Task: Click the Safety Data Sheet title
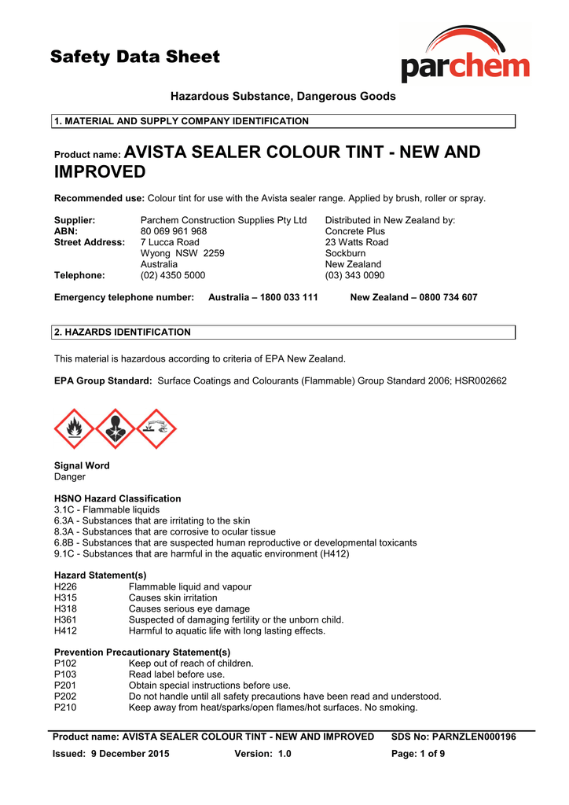pos(135,57)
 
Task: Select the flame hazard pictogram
pos(74,428)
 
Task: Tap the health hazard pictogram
pos(116,428)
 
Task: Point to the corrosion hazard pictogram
pos(156,428)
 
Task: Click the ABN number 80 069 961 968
pos(174,231)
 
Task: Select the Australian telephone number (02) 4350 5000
pos(172,275)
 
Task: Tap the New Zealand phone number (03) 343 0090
pos(354,275)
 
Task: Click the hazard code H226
pos(65,586)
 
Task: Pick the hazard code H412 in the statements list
pos(65,630)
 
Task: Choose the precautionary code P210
pos(65,707)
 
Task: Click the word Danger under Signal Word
pos(70,476)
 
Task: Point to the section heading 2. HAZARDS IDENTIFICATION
pos(122,332)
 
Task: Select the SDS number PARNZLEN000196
pos(474,737)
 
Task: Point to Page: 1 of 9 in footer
pos(418,754)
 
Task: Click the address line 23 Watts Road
pos(357,242)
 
